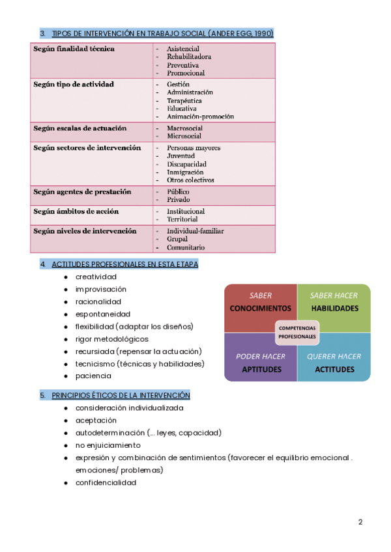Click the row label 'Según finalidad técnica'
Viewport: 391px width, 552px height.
(x=74, y=49)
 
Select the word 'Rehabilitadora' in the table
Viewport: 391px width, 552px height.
(x=189, y=57)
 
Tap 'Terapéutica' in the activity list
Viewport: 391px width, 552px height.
(x=184, y=101)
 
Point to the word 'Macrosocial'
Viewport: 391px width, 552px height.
(x=184, y=128)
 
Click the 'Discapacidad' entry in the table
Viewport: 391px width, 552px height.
(x=186, y=164)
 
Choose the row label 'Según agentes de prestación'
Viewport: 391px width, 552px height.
(x=82, y=192)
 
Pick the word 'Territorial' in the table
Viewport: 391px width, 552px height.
(x=182, y=219)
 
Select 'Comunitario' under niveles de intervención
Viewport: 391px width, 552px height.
(x=186, y=247)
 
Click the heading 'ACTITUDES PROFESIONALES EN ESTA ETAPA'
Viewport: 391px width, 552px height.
(x=124, y=264)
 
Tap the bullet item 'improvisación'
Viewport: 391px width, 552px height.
(x=101, y=289)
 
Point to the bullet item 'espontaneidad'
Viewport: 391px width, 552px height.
(x=102, y=314)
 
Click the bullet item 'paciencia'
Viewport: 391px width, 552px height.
(x=93, y=376)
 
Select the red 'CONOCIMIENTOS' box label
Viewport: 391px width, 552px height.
(x=261, y=308)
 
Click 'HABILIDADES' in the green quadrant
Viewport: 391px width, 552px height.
(x=334, y=308)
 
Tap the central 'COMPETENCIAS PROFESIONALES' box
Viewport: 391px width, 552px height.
(x=297, y=332)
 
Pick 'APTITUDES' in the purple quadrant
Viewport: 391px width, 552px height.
(x=261, y=369)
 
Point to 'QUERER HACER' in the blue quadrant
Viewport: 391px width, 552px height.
(x=334, y=356)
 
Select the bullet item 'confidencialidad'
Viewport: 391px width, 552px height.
(x=106, y=482)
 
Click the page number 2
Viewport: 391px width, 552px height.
(x=360, y=522)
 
